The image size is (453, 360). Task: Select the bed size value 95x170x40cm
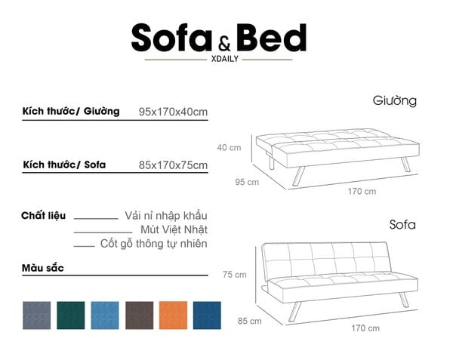click(173, 112)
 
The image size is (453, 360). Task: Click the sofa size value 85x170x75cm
click(173, 165)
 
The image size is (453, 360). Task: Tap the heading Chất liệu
click(43, 216)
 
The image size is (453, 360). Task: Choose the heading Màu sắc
click(43, 268)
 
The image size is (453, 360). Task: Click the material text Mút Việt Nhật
click(174, 229)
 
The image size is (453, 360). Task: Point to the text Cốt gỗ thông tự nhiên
click(153, 244)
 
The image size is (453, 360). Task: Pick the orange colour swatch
click(173, 315)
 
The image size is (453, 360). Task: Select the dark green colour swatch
click(71, 315)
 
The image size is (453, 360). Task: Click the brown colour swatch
click(139, 315)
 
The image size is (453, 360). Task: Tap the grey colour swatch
click(37, 315)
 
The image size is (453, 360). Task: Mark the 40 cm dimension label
click(229, 147)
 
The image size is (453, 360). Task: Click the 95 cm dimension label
click(247, 182)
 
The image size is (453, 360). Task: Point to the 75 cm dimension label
click(234, 275)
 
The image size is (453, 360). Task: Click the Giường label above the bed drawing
click(394, 100)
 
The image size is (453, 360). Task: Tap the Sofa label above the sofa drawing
click(402, 225)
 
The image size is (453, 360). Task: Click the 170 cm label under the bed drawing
click(362, 192)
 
